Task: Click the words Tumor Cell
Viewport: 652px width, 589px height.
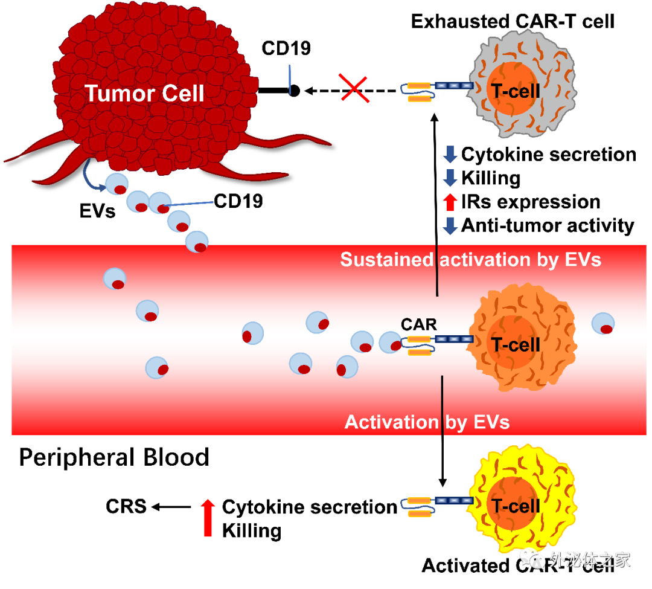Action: (144, 94)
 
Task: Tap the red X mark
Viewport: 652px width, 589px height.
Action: (355, 88)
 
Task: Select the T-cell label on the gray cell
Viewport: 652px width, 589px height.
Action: (514, 91)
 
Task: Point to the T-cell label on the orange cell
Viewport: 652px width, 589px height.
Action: (515, 344)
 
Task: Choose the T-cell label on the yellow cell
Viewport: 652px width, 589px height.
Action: (515, 506)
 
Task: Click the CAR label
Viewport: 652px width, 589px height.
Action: (418, 325)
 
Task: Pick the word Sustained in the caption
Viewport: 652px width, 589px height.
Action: (386, 260)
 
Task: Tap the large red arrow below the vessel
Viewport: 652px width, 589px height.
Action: (208, 518)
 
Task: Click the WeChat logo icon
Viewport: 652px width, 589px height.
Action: (532, 560)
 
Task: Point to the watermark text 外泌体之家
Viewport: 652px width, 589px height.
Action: (589, 560)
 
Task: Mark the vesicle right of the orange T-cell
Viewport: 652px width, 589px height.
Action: (603, 323)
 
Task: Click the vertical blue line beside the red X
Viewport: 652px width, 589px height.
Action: (290, 80)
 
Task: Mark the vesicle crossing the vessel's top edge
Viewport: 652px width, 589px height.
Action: (197, 242)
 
